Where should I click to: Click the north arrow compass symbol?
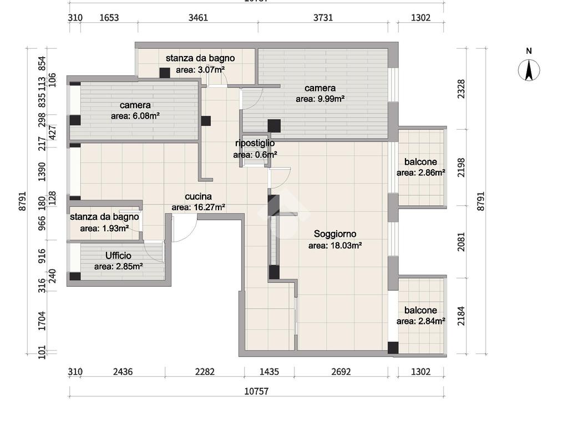click(x=529, y=69)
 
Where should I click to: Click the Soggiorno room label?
click(x=335, y=234)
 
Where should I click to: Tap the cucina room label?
click(x=198, y=197)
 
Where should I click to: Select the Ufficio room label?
click(x=118, y=256)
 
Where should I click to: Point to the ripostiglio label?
click(x=255, y=143)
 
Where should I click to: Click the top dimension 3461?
click(x=198, y=18)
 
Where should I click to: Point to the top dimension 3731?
click(x=323, y=18)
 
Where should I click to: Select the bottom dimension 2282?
click(x=205, y=372)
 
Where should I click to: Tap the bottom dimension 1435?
click(x=269, y=372)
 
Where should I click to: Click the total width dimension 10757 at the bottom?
click(x=256, y=391)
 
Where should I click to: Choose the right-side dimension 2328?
click(x=461, y=89)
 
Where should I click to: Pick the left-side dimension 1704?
click(x=42, y=321)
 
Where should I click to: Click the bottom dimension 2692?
click(x=341, y=372)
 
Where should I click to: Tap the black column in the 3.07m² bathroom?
click(x=165, y=73)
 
